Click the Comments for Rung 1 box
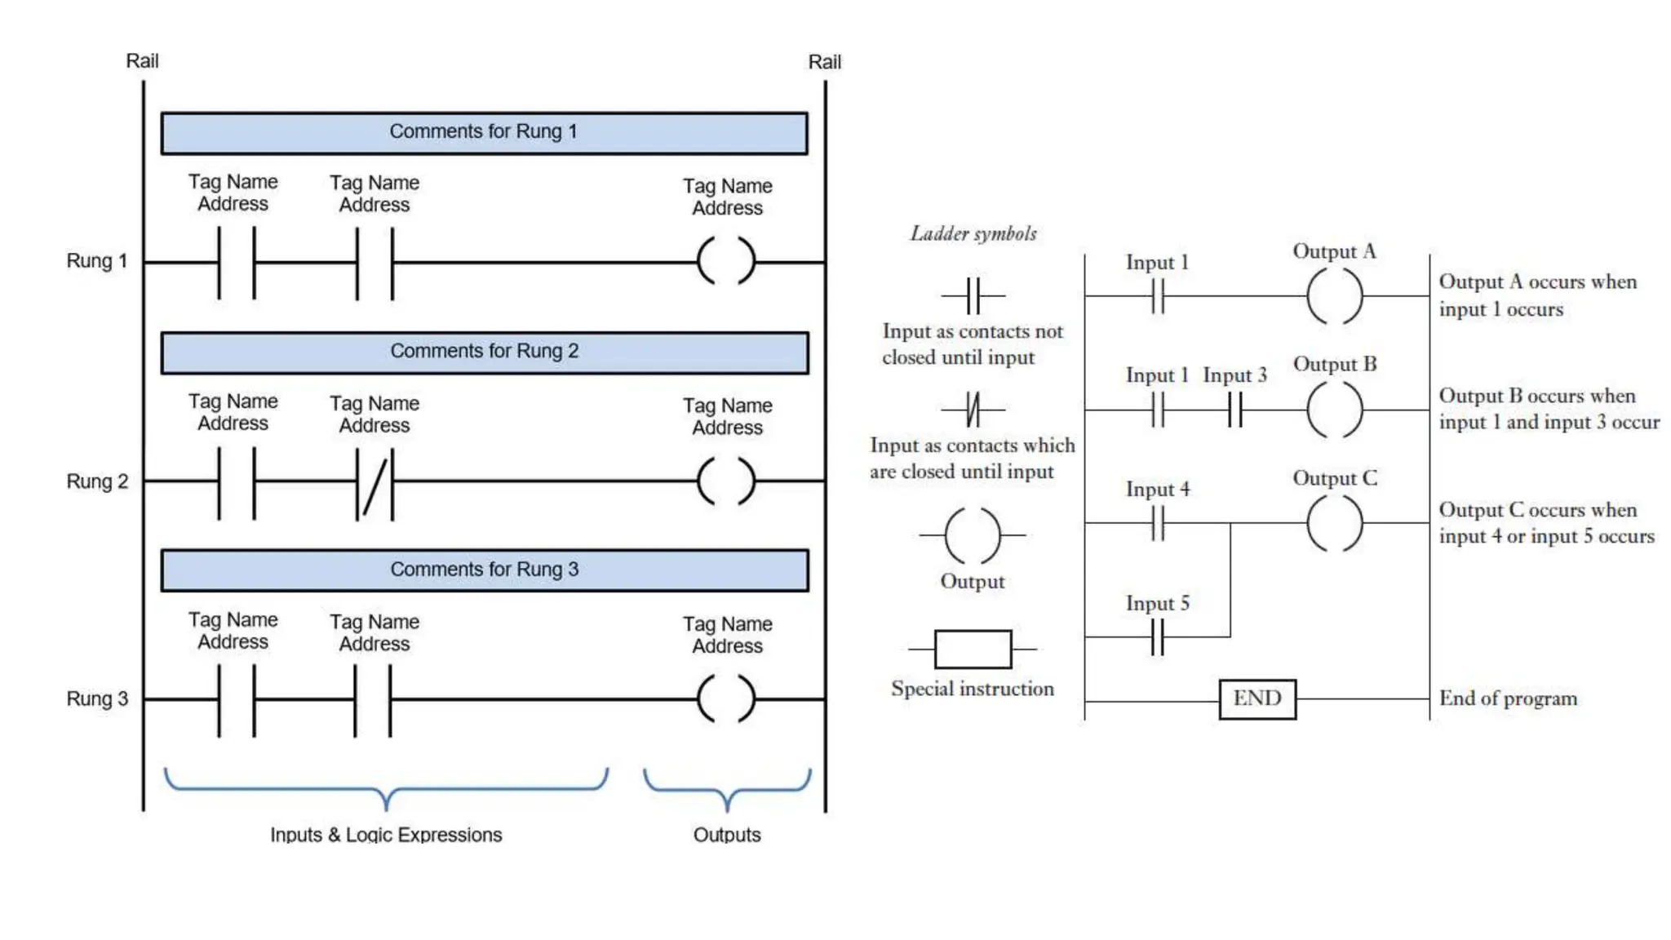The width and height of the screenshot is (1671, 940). coord(484,133)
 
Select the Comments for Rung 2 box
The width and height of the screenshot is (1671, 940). coord(484,352)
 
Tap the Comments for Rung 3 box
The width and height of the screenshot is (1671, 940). coord(484,570)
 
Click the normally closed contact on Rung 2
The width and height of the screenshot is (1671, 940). coord(375,481)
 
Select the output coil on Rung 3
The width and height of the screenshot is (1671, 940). coord(726,698)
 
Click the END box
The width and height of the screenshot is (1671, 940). coord(1257,698)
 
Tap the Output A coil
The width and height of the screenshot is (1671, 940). coord(1334,296)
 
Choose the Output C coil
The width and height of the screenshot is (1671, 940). coord(1334,523)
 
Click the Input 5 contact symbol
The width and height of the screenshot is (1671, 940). coord(1157,636)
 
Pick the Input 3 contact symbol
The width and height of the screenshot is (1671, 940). coord(1234,410)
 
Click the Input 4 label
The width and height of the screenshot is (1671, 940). coord(1157,489)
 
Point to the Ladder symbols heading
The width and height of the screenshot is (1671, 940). coord(973,234)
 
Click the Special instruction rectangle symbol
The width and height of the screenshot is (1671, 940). coord(973,650)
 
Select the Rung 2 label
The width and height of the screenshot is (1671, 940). coord(97,481)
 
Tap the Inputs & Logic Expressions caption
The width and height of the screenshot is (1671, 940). coord(386,834)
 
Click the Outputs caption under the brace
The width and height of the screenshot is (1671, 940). coord(726,834)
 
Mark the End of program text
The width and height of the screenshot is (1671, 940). coord(1508,698)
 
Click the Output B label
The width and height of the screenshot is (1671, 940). coord(1335,364)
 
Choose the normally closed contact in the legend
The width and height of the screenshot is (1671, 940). coord(973,409)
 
